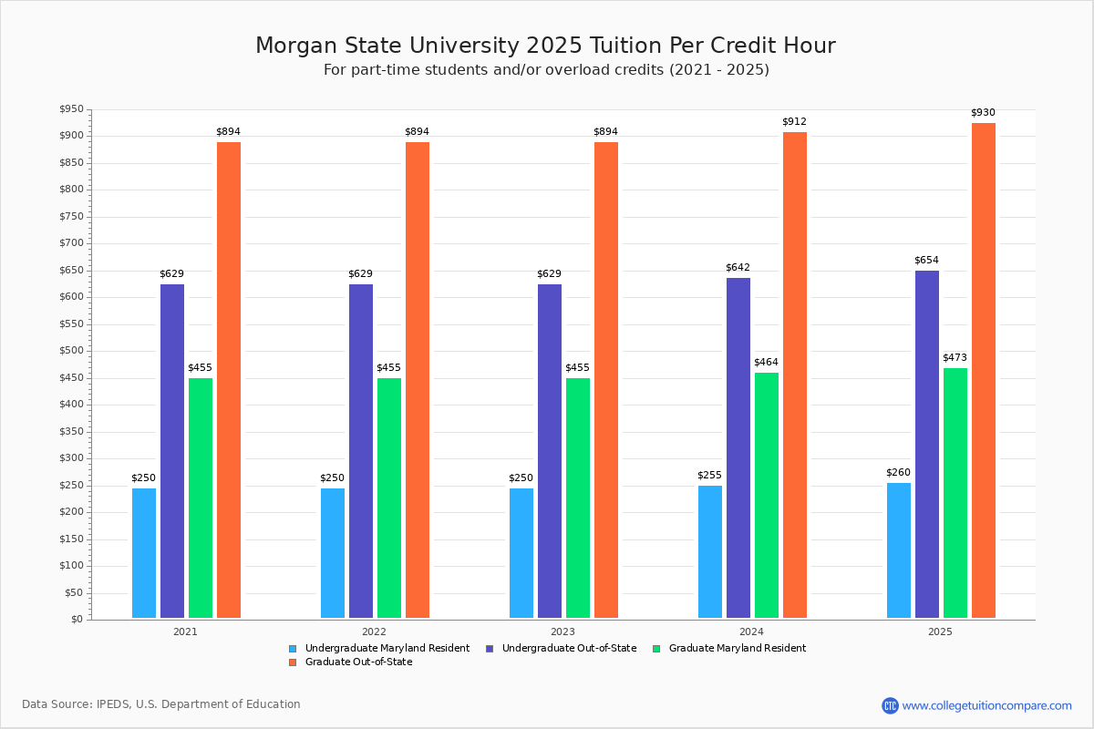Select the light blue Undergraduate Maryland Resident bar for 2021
pyautogui.click(x=144, y=553)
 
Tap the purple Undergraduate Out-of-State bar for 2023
pyautogui.click(x=550, y=451)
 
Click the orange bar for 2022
pyautogui.click(x=418, y=380)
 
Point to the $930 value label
pyautogui.click(x=983, y=113)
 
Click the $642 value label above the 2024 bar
pyautogui.click(x=738, y=268)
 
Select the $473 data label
pyautogui.click(x=955, y=358)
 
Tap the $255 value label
pyautogui.click(x=709, y=476)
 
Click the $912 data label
pyautogui.click(x=794, y=122)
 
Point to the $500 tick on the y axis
pyautogui.click(x=70, y=352)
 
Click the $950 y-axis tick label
pyautogui.click(x=70, y=110)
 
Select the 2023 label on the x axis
pyautogui.click(x=562, y=631)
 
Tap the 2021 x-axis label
pyautogui.click(x=185, y=631)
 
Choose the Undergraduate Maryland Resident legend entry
pyautogui.click(x=387, y=649)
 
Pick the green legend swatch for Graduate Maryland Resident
pyautogui.click(x=657, y=649)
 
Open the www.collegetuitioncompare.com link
pyautogui.click(x=986, y=705)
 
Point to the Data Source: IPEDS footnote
pyautogui.click(x=161, y=704)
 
